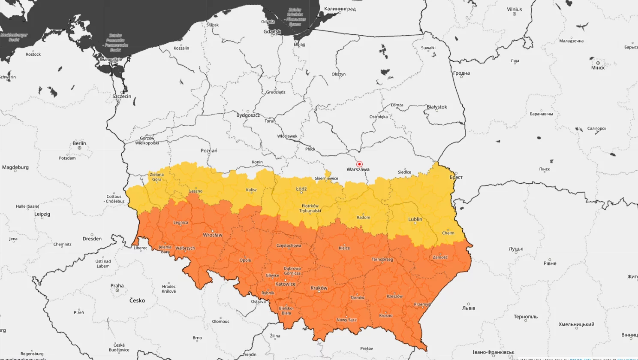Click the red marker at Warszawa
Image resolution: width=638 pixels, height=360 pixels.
pyautogui.click(x=359, y=164)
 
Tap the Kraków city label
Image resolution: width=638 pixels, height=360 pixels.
pyautogui.click(x=319, y=288)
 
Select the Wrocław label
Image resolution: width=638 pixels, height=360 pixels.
pyautogui.click(x=213, y=235)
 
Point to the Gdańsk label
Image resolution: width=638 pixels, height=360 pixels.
pyautogui.click(x=272, y=31)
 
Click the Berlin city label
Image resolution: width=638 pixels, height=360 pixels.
pyautogui.click(x=79, y=143)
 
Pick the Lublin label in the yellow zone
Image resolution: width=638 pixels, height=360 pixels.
pyautogui.click(x=415, y=219)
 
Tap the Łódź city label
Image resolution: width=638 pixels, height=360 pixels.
pyautogui.click(x=301, y=189)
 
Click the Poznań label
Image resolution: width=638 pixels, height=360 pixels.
pyautogui.click(x=209, y=151)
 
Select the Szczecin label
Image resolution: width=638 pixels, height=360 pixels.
pyautogui.click(x=122, y=96)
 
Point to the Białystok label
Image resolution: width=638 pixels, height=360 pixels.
pyautogui.click(x=436, y=107)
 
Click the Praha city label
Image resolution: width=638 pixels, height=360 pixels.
pyautogui.click(x=117, y=286)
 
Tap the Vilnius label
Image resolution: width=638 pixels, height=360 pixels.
pyautogui.click(x=515, y=9)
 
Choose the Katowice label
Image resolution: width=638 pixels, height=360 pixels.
pyautogui.click(x=286, y=284)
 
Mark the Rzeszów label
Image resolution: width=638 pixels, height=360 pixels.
pyautogui.click(x=394, y=296)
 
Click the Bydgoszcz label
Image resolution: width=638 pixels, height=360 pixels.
pyautogui.click(x=248, y=115)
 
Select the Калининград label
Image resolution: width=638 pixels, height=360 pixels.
pyautogui.click(x=340, y=9)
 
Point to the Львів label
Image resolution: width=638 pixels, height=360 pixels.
pyautogui.click(x=469, y=308)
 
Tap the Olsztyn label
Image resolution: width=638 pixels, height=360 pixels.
pyautogui.click(x=338, y=74)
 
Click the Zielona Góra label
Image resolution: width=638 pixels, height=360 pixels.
pyautogui.click(x=156, y=177)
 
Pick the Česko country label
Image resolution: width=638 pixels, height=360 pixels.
pyautogui.click(x=137, y=300)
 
